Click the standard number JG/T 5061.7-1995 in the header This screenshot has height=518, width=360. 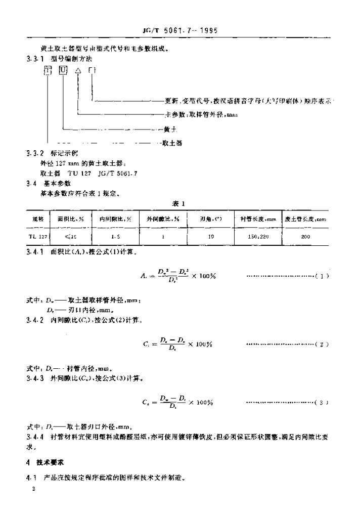pyautogui.click(x=180, y=30)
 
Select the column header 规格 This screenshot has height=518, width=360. pyautogui.click(x=38, y=219)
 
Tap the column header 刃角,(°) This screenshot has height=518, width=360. pyautogui.click(x=209, y=219)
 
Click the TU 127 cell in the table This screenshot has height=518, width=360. pyautogui.click(x=38, y=235)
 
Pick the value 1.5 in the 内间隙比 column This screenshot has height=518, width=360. pyautogui.click(x=115, y=235)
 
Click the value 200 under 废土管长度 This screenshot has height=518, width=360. pyautogui.click(x=304, y=235)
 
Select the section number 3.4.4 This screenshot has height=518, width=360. pyautogui.click(x=35, y=436)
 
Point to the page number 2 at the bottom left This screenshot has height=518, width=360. pyautogui.click(x=33, y=489)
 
